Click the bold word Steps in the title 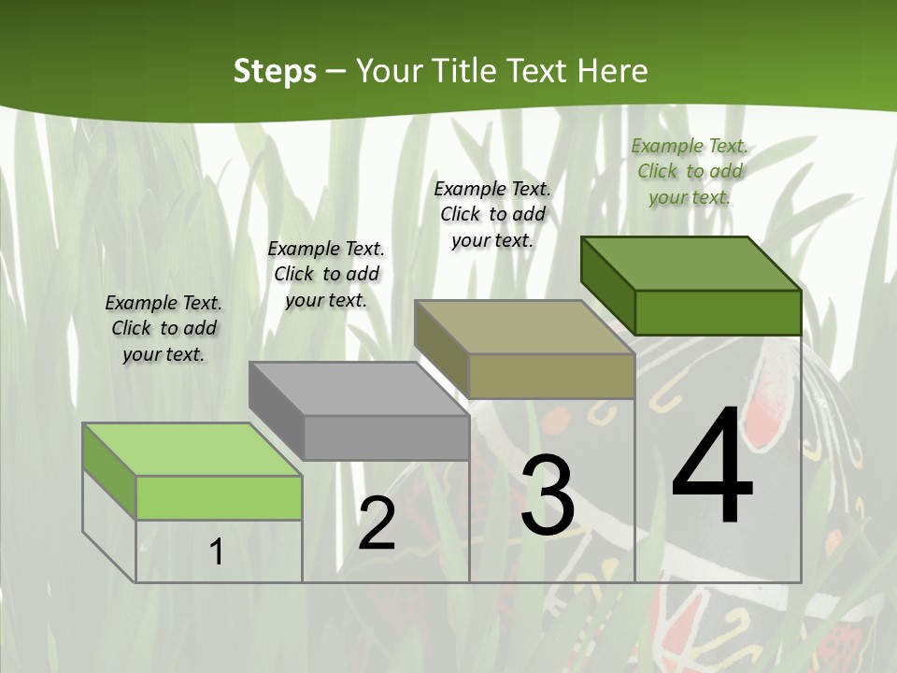tap(275, 71)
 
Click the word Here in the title tap(612, 71)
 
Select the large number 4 tap(712, 467)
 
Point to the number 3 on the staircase tap(548, 495)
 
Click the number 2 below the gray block tap(377, 523)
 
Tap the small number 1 tap(217, 552)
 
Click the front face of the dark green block tap(718, 312)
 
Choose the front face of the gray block tap(386, 437)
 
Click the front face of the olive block tap(551, 377)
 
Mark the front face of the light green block tap(219, 497)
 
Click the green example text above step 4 tap(690, 171)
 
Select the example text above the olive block tap(492, 214)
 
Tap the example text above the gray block tap(326, 274)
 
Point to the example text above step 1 tap(164, 328)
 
